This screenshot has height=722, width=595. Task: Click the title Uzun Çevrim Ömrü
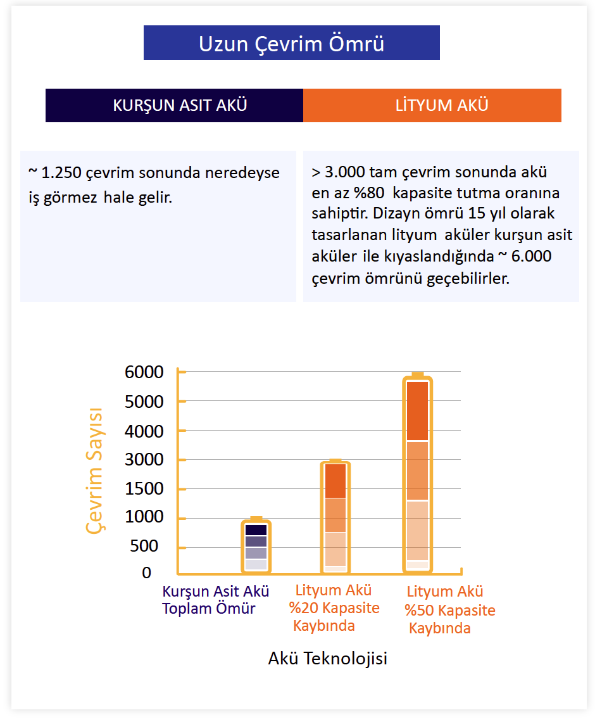tap(291, 44)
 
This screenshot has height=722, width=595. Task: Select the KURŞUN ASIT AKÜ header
tap(180, 105)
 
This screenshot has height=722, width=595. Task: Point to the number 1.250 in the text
tap(61, 173)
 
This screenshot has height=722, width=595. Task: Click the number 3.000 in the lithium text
tap(345, 172)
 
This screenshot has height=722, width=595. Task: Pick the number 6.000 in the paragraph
tap(531, 256)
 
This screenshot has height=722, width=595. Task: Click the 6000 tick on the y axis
tap(144, 372)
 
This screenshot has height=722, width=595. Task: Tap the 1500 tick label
tap(144, 488)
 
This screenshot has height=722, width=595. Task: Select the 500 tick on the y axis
tap(144, 546)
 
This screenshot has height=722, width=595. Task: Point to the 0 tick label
tap(146, 573)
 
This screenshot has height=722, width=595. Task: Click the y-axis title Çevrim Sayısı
tap(95, 471)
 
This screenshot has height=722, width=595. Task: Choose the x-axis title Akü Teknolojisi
tap(328, 658)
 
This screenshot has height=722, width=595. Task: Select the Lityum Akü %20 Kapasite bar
tap(335, 517)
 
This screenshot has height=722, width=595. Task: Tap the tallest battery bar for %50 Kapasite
tap(417, 472)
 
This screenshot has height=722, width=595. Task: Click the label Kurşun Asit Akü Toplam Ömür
tap(215, 600)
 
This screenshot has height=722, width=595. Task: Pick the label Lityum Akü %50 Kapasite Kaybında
tap(450, 610)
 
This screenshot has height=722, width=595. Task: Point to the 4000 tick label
tap(144, 431)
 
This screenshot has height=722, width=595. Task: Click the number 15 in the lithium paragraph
tap(477, 213)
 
